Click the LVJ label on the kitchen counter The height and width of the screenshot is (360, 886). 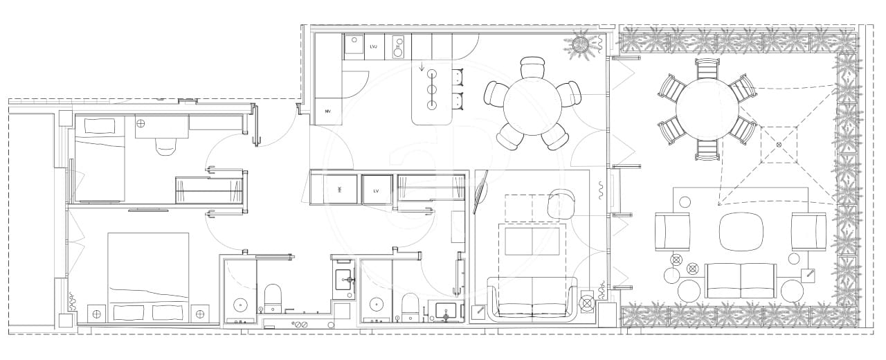coord(373,46)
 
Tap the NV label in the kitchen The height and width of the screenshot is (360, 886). coord(327,111)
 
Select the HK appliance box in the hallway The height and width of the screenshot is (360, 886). coord(340,189)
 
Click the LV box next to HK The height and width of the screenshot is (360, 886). coord(377,190)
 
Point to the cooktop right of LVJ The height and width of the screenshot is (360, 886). coord(399,46)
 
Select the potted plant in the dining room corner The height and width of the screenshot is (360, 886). coord(581,44)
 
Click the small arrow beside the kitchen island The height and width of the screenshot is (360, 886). coord(422,68)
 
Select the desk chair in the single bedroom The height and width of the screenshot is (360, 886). coord(165,146)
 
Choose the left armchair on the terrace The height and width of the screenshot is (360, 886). coord(673,231)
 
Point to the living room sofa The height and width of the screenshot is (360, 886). coord(532,298)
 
